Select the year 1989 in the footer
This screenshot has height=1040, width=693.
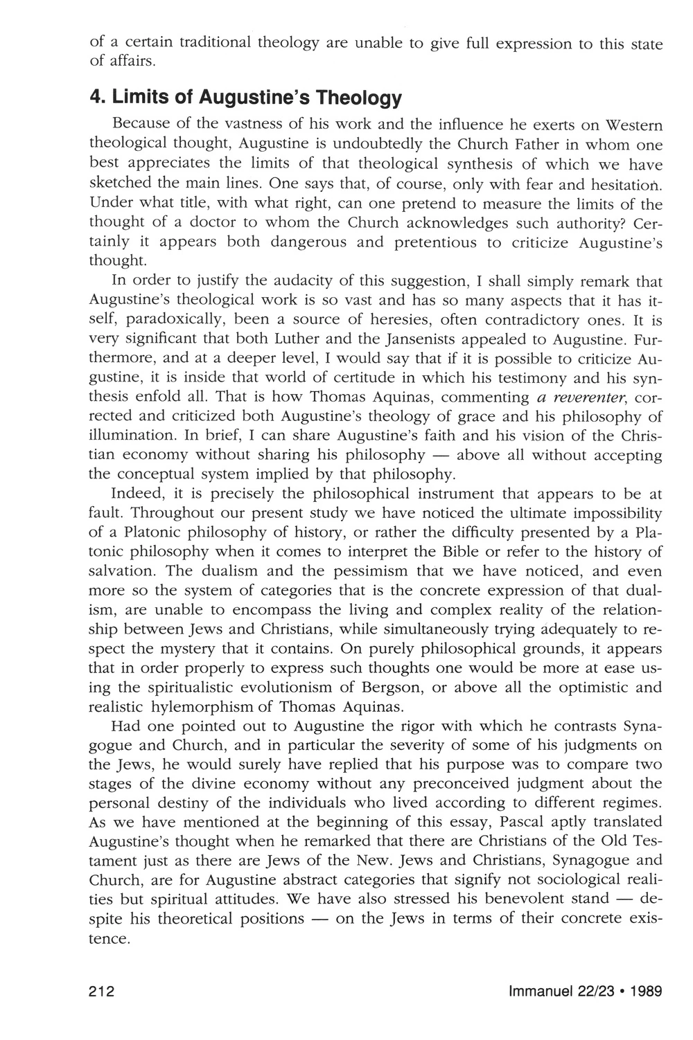(646, 991)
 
